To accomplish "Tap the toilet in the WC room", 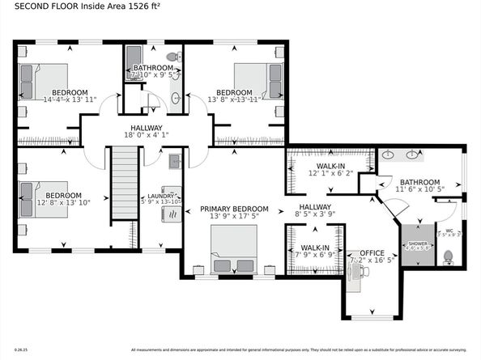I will pyautogui.click(x=447, y=257).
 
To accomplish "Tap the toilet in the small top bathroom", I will pyautogui.click(x=171, y=57).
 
